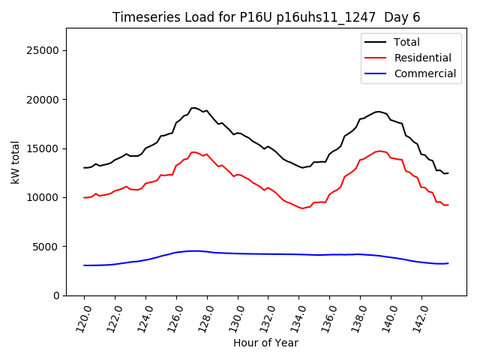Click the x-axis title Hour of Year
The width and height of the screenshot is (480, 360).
[265, 343]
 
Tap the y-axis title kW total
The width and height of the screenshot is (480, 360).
[15, 162]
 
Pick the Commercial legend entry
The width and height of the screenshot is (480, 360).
[424, 73]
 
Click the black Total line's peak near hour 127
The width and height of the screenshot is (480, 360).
[193, 108]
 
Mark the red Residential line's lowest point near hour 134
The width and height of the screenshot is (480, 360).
[303, 208]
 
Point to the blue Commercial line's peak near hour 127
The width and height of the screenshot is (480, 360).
[193, 250]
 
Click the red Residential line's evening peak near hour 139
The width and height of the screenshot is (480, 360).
[379, 151]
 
